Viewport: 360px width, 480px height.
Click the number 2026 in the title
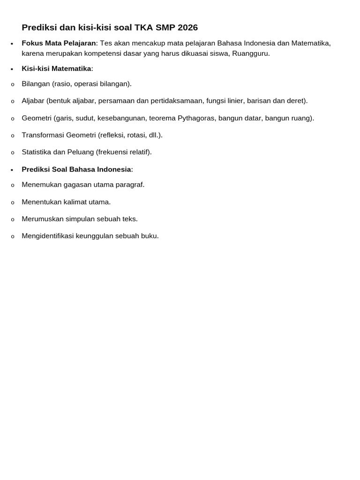click(187, 28)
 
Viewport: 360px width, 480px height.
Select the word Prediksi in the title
click(39, 28)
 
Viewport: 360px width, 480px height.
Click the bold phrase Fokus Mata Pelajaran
click(59, 43)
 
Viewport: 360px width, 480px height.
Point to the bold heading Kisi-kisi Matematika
click(56, 68)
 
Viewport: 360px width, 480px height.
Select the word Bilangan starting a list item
click(36, 84)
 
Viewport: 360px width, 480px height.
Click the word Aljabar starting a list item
click(33, 101)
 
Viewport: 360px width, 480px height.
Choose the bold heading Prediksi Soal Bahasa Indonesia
click(76, 169)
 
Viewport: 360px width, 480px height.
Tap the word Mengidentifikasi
click(48, 236)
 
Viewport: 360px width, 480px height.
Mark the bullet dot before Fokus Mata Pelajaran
click(12, 44)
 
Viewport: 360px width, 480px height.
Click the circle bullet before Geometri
click(13, 119)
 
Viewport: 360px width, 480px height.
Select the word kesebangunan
click(119, 118)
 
